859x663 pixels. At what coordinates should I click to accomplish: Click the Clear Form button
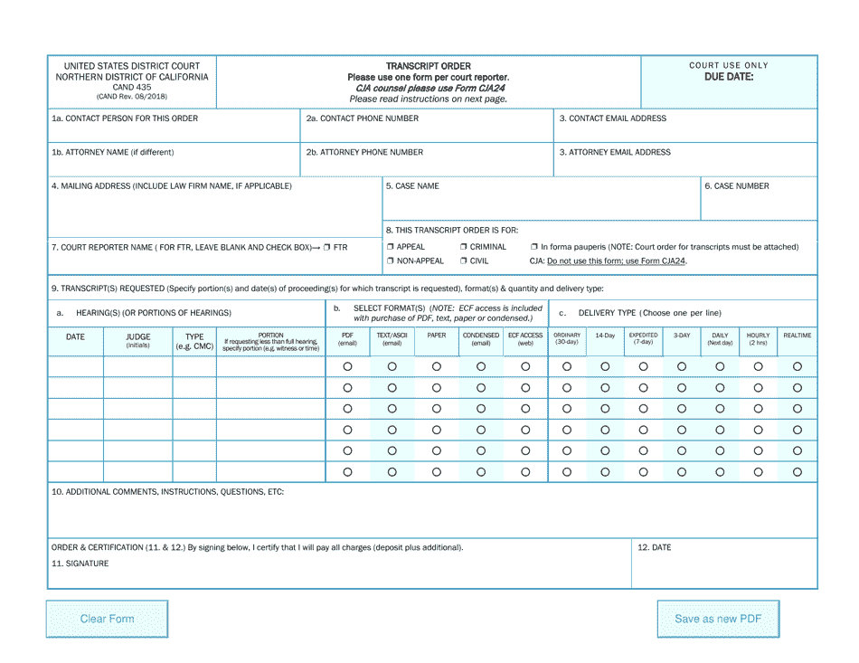click(x=107, y=619)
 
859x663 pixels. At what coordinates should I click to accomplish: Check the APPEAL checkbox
click(x=391, y=247)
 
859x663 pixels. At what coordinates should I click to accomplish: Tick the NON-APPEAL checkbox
click(x=391, y=261)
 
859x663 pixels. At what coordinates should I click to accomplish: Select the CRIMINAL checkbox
click(x=464, y=247)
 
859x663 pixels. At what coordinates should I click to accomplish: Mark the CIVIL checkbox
click(x=464, y=261)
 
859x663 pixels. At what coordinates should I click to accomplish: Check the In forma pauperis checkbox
click(x=534, y=247)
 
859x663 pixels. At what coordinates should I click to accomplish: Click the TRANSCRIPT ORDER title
click(x=429, y=66)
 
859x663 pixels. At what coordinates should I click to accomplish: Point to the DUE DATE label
click(x=729, y=77)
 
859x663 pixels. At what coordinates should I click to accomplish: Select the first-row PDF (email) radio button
click(x=347, y=366)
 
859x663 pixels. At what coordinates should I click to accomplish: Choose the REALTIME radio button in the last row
click(x=798, y=471)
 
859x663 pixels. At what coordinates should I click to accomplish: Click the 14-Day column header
click(x=605, y=336)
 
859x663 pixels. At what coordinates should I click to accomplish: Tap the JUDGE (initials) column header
click(x=138, y=340)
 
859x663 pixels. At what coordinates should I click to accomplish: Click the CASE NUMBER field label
click(x=737, y=186)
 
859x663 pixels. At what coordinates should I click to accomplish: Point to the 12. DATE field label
click(x=655, y=547)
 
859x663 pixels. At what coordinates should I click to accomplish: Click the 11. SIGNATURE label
click(x=80, y=564)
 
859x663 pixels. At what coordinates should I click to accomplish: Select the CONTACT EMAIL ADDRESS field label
click(x=612, y=118)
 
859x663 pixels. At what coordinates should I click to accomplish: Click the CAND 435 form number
click(x=132, y=87)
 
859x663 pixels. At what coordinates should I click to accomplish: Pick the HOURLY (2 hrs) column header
click(x=758, y=339)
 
